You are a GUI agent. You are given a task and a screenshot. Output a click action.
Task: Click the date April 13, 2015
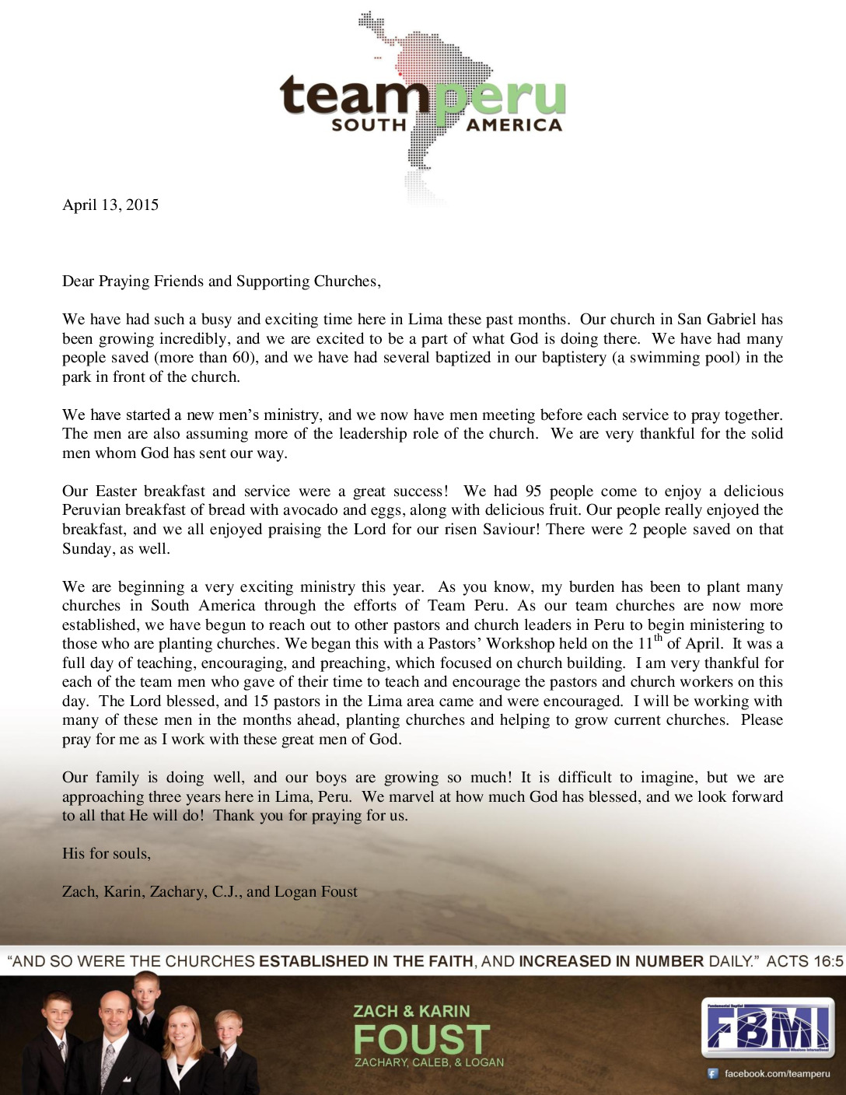tap(110, 205)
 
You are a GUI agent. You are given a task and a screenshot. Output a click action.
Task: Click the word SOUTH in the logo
tap(369, 125)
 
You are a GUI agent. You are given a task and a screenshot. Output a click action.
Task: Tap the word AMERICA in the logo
tap(514, 125)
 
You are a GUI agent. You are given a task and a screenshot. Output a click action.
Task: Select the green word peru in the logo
tap(500, 98)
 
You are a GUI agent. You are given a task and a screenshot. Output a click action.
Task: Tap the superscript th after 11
tap(659, 638)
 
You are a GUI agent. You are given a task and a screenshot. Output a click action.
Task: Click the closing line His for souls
tap(107, 854)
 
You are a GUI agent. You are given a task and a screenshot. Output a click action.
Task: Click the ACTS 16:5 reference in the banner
tap(805, 961)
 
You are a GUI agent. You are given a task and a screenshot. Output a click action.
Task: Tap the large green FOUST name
tap(422, 1040)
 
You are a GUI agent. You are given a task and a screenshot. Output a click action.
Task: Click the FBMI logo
tap(767, 1027)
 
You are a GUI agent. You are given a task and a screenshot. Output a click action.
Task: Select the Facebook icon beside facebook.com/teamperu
tap(712, 1074)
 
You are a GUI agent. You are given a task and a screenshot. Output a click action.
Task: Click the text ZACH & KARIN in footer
tap(411, 1011)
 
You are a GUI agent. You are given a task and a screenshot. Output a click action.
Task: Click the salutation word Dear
tap(78, 282)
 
